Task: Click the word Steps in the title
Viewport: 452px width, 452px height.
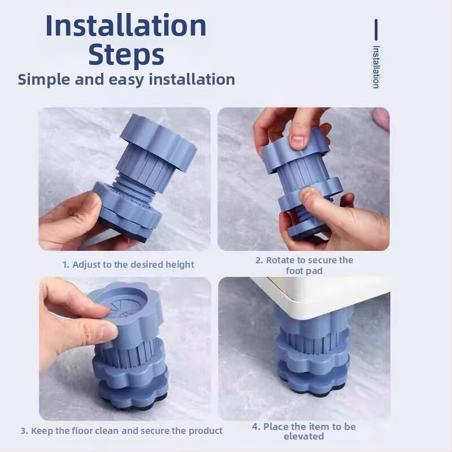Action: [126, 54]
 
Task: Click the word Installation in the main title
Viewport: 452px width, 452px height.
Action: [126, 25]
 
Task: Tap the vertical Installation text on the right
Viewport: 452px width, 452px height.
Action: [376, 67]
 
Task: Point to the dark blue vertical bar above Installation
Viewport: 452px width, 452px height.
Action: [376, 29]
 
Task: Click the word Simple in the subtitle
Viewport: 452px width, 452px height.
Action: [44, 80]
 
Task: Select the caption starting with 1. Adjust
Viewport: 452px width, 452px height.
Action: [128, 264]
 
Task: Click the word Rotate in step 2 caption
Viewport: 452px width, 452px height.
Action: [281, 260]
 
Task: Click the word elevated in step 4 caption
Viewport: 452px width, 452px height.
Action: [304, 436]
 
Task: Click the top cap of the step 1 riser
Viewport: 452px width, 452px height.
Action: [158, 141]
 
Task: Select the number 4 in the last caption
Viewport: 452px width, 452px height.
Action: [255, 427]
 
